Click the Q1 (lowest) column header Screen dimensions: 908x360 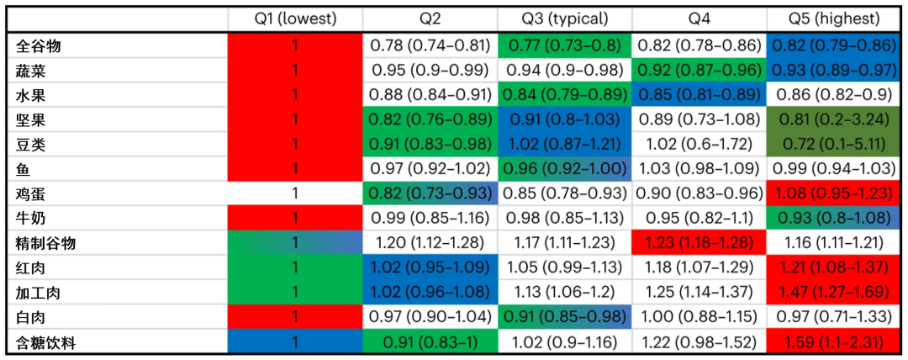pyautogui.click(x=295, y=19)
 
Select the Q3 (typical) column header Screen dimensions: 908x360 pyautogui.click(x=565, y=19)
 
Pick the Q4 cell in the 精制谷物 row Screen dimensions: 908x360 pyautogui.click(x=699, y=243)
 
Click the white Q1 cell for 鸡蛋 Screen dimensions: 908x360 pyautogui.click(x=295, y=193)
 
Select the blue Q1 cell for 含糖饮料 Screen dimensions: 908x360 pyautogui.click(x=295, y=342)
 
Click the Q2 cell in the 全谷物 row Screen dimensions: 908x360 pyautogui.click(x=430, y=45)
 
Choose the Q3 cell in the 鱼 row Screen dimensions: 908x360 pyautogui.click(x=565, y=168)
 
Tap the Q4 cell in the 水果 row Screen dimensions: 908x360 pyautogui.click(x=699, y=93)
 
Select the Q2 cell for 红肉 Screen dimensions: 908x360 pyautogui.click(x=430, y=267)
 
